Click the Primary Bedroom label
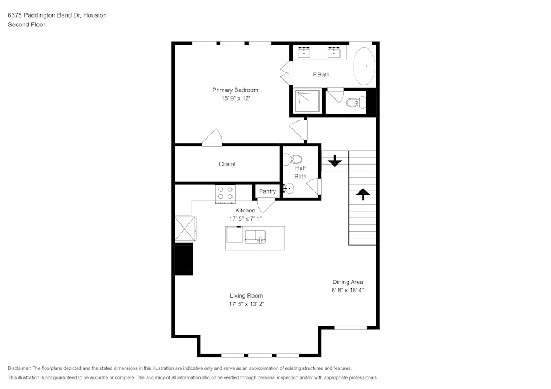[x=235, y=90]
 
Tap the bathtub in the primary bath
[x=364, y=66]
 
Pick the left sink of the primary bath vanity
[x=304, y=52]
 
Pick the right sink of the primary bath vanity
[x=334, y=52]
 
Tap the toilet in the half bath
[x=290, y=160]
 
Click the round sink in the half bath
[x=289, y=188]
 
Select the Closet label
[x=227, y=164]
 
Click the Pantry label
[x=267, y=191]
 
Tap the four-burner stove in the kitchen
[x=225, y=193]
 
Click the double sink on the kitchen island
[x=256, y=237]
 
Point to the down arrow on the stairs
[x=334, y=161]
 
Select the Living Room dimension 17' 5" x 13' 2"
[x=246, y=304]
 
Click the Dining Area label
[x=347, y=282]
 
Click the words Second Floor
[x=26, y=25]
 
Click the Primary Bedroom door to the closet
[x=212, y=139]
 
